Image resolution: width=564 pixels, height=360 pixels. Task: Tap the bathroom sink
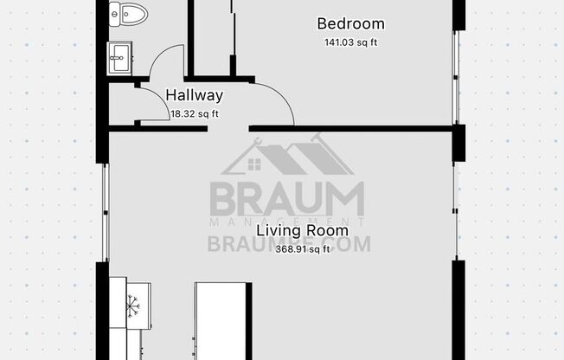pos(119,60)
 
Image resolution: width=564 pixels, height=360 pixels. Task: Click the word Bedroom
pos(350,24)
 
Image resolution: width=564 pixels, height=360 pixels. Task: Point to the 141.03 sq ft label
pos(350,41)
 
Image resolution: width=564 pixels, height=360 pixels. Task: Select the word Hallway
pos(194,96)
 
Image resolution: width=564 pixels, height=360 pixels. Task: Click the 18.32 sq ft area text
pos(195,113)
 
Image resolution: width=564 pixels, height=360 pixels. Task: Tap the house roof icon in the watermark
pos(287,156)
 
